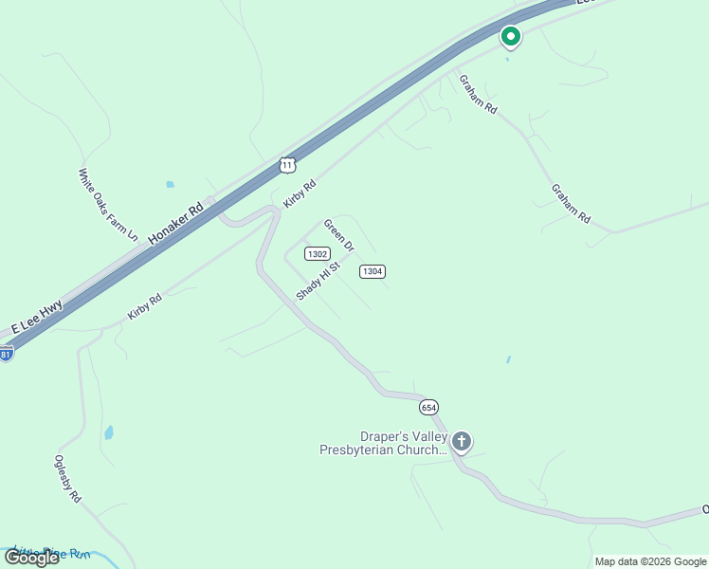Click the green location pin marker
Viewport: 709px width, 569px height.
coord(510,37)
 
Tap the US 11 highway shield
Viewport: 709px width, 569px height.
coord(288,165)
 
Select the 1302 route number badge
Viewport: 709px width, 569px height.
coord(317,253)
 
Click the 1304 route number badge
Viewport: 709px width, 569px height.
coord(372,272)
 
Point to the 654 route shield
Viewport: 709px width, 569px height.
coord(428,406)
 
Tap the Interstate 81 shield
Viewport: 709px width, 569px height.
coord(6,354)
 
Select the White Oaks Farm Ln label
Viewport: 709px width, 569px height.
coord(108,204)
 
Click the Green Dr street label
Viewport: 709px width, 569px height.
coord(338,235)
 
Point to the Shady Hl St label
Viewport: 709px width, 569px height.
coord(317,281)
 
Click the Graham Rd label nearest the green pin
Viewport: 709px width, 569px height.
coord(478,94)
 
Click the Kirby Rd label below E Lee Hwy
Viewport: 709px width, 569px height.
coord(145,305)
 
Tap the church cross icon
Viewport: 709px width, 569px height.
coord(462,441)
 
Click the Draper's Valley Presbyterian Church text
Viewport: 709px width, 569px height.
coord(383,443)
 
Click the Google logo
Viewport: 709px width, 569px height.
coord(32,558)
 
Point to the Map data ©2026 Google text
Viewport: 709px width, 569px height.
coord(650,561)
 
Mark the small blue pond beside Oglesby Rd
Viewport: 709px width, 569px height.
coord(109,432)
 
